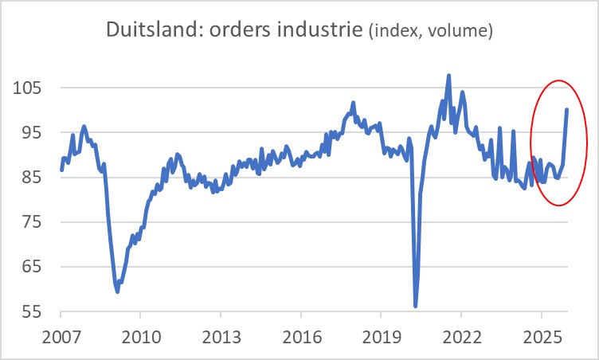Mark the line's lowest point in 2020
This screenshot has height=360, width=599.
click(x=416, y=306)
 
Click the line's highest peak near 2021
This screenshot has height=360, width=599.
click(x=448, y=76)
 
